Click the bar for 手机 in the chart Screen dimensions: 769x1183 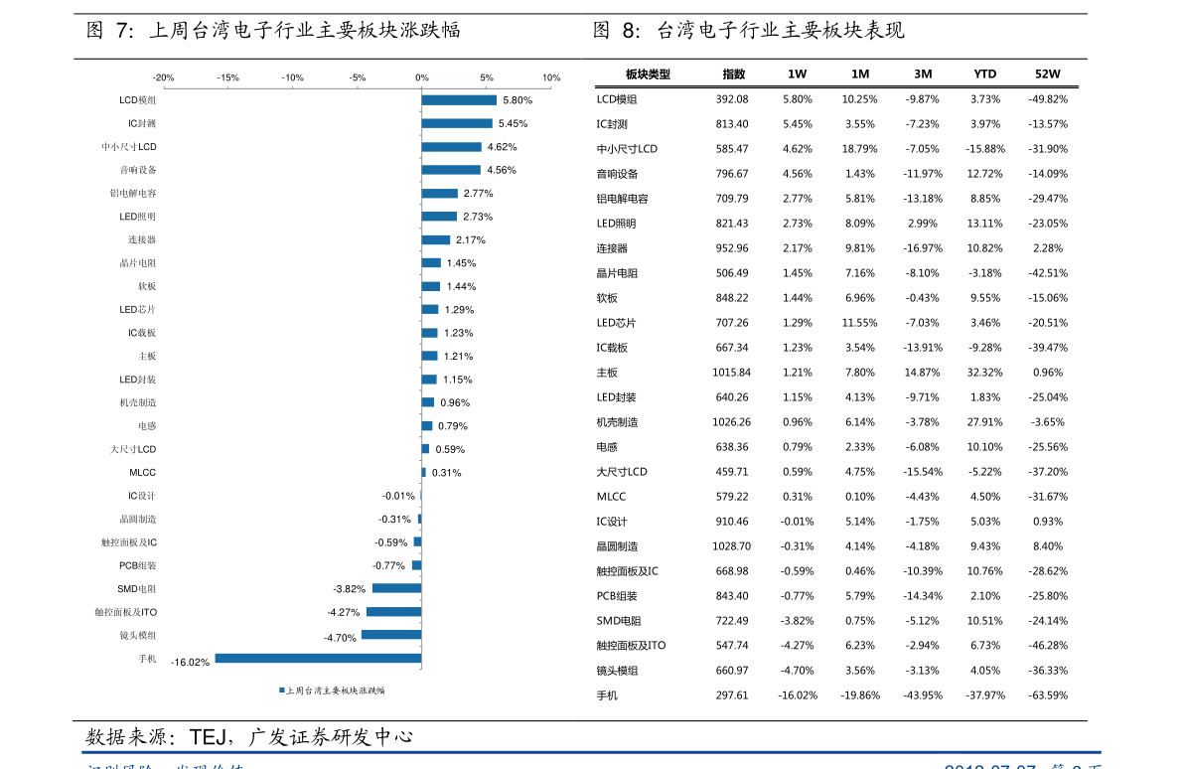point(318,658)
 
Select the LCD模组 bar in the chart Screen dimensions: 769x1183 point(459,100)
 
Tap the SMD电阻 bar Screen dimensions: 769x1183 point(396,588)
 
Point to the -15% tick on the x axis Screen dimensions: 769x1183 point(227,77)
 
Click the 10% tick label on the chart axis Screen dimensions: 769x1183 point(551,77)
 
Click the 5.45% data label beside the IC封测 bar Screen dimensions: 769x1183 point(513,124)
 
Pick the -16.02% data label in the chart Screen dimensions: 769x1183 point(190,663)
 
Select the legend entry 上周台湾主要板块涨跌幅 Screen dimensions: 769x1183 point(334,690)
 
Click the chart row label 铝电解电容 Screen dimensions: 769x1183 point(133,194)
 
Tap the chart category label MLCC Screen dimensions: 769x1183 point(142,473)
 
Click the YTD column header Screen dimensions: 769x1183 point(984,75)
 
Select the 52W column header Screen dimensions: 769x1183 point(1048,75)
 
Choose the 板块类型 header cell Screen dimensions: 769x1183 point(648,75)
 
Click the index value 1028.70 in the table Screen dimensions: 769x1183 point(731,546)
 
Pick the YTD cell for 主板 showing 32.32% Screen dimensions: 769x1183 point(984,373)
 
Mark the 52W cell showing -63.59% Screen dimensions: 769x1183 point(1048,695)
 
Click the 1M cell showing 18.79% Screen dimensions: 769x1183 point(859,149)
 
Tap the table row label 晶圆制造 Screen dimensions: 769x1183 point(617,546)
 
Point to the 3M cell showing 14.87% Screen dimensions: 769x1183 point(922,373)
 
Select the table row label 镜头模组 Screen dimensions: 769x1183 point(617,671)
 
